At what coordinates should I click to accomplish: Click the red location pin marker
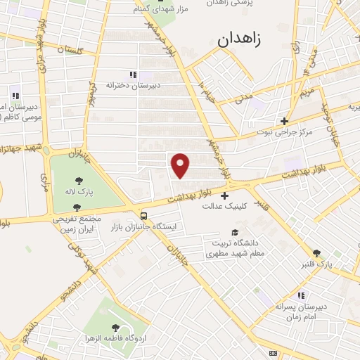(x=181, y=165)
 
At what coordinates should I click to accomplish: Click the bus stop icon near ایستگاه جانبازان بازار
(x=143, y=217)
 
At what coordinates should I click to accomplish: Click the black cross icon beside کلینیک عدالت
(x=224, y=195)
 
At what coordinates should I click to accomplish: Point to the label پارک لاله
(x=76, y=192)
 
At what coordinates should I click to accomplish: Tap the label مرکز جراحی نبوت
(x=284, y=131)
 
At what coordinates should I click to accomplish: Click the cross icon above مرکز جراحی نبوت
(x=284, y=120)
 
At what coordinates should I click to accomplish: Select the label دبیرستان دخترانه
(x=134, y=85)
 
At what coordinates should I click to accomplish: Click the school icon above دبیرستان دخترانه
(x=133, y=75)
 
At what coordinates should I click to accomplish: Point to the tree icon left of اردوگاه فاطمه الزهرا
(x=115, y=328)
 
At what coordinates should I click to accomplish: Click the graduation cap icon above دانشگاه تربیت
(x=234, y=233)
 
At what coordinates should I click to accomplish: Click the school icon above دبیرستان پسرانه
(x=301, y=295)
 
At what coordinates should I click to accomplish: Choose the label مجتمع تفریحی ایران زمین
(x=77, y=224)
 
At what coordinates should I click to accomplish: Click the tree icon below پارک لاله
(x=77, y=207)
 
